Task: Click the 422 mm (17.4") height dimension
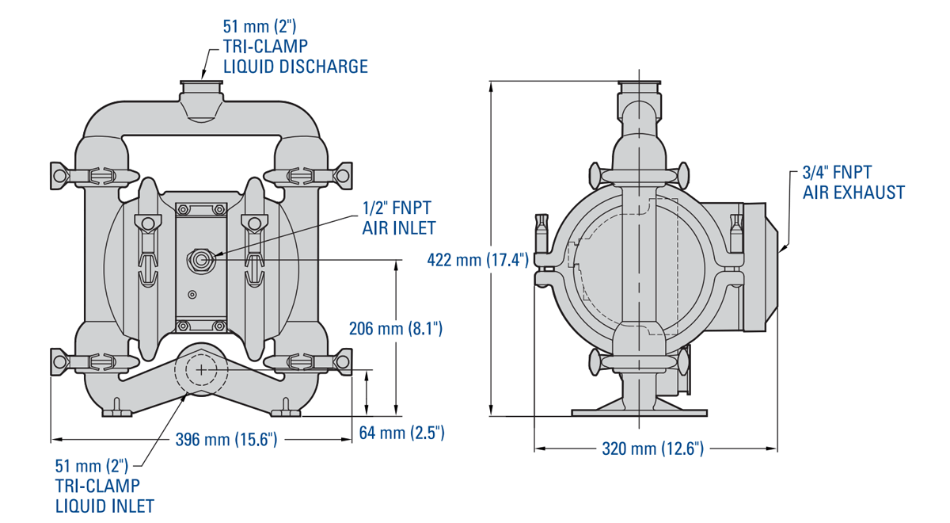pyautogui.click(x=477, y=259)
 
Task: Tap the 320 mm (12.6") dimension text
pyautogui.click(x=652, y=449)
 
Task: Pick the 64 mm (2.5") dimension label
pyautogui.click(x=402, y=433)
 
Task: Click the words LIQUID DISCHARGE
pyautogui.click(x=295, y=67)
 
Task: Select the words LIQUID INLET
pyautogui.click(x=104, y=505)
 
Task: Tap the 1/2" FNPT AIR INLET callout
pyautogui.click(x=398, y=218)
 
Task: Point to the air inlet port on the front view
pyautogui.click(x=201, y=259)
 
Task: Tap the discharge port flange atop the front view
pyautogui.click(x=202, y=82)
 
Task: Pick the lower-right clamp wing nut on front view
pyautogui.click(x=344, y=361)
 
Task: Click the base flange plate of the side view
pyautogui.click(x=638, y=412)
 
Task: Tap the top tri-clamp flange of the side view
pyautogui.click(x=638, y=84)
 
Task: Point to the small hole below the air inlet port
pyautogui.click(x=190, y=295)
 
